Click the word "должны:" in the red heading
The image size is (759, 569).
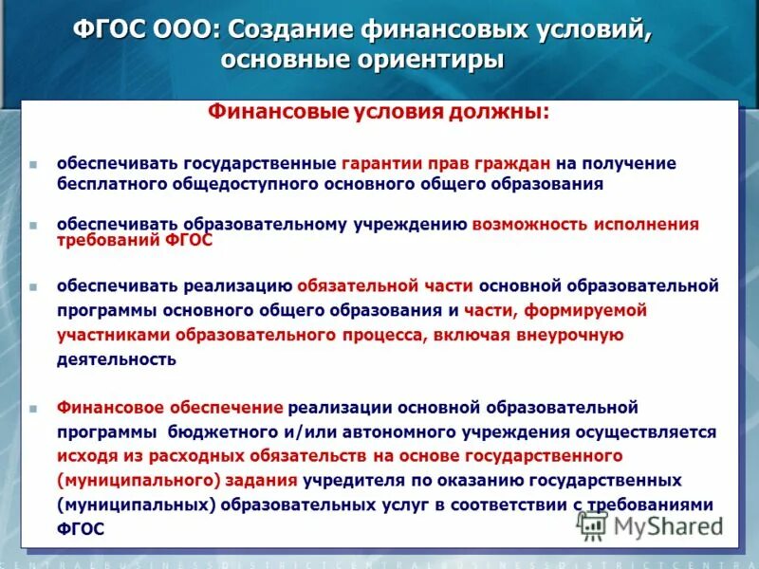(x=504, y=112)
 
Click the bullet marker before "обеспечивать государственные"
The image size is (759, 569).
(x=33, y=164)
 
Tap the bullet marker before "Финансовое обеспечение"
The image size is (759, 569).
(x=33, y=408)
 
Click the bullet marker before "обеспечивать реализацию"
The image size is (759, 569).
(x=33, y=286)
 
